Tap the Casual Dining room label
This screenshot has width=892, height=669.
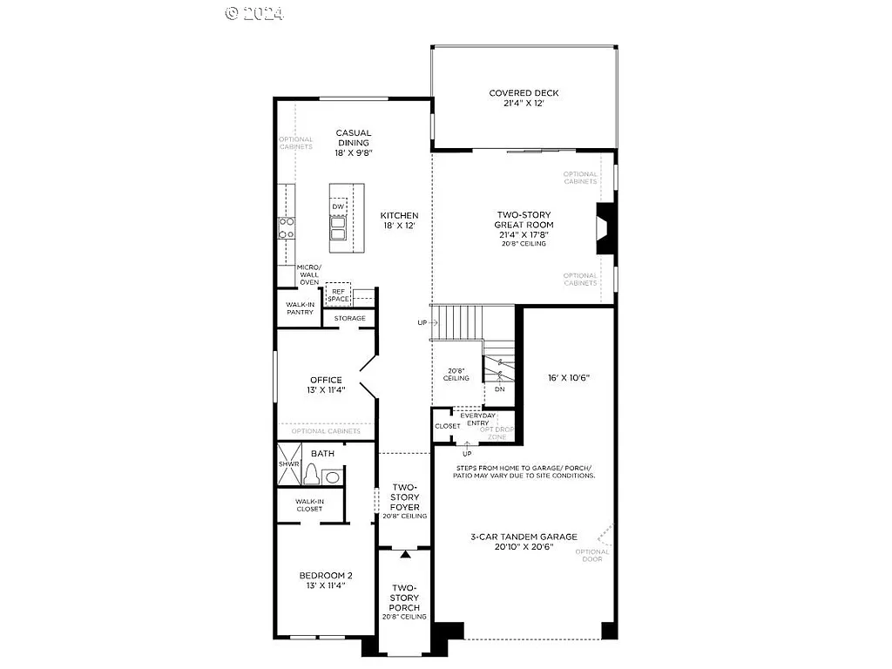[x=353, y=143]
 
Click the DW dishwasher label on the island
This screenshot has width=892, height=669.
[x=338, y=206]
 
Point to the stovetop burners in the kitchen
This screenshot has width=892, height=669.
[x=286, y=227]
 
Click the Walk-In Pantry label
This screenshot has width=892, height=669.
[x=300, y=308]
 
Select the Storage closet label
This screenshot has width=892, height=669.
[x=350, y=318]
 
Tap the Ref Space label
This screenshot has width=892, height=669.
[x=338, y=294]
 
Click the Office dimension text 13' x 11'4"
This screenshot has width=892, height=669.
[x=326, y=390]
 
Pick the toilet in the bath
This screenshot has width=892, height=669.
[x=312, y=473]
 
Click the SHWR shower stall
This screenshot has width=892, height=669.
[x=288, y=464]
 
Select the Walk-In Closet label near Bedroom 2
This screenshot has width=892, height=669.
[x=309, y=505]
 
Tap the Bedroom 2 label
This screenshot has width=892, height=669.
[x=326, y=575]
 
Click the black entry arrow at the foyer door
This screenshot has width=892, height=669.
[x=405, y=553]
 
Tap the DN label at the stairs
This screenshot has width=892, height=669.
[x=499, y=389]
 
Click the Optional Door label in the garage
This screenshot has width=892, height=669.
[x=592, y=555]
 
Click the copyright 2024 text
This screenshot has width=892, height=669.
[x=255, y=13]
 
